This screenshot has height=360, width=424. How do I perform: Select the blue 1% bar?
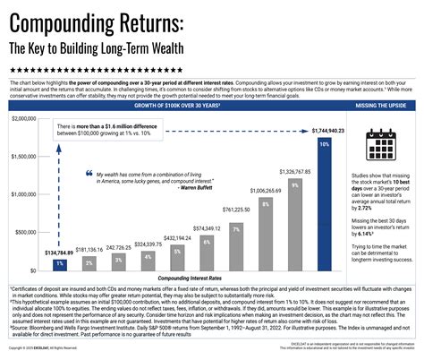tap(58, 263)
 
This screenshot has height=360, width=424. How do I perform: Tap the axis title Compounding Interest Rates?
tap(190, 279)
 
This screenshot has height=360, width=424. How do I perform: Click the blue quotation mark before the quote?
tap(89, 173)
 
